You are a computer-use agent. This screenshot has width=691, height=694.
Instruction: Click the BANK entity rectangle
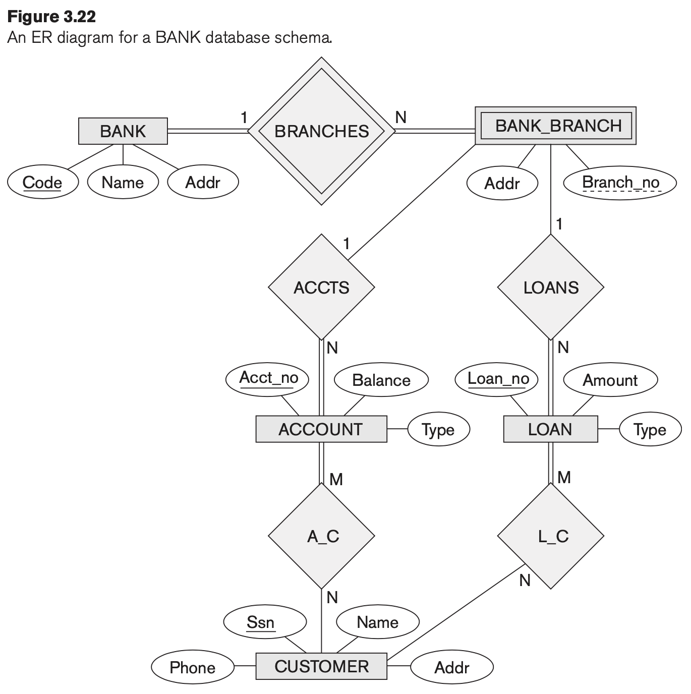tap(123, 131)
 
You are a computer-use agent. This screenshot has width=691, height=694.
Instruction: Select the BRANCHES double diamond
tap(321, 131)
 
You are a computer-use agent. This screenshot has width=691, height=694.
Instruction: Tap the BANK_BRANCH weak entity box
tap(555, 126)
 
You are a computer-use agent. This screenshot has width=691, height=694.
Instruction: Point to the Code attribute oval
tap(43, 183)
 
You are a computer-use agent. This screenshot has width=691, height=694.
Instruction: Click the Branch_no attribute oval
tap(620, 183)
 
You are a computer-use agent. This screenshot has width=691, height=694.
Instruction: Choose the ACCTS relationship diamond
tap(321, 287)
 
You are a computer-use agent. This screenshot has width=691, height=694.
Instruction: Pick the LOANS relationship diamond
tap(550, 287)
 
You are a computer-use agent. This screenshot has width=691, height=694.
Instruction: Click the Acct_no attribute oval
tap(268, 378)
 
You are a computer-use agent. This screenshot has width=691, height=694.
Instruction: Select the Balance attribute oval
tap(381, 380)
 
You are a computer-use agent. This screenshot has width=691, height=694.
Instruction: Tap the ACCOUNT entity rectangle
tap(321, 429)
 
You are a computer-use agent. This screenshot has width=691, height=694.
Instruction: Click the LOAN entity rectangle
tap(550, 429)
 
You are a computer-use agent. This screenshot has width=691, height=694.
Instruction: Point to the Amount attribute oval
tap(610, 380)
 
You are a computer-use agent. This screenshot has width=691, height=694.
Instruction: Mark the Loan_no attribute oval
tap(497, 379)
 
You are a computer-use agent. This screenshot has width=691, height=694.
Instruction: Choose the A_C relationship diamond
tap(321, 536)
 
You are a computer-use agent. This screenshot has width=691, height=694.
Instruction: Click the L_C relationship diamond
tap(551, 536)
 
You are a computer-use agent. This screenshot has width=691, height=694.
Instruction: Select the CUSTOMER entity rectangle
tap(321, 666)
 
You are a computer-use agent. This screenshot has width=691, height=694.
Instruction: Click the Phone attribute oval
tap(192, 667)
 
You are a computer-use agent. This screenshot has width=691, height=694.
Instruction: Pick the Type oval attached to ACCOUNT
tap(438, 430)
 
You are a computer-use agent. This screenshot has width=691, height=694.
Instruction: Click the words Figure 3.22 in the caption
tap(52, 17)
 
